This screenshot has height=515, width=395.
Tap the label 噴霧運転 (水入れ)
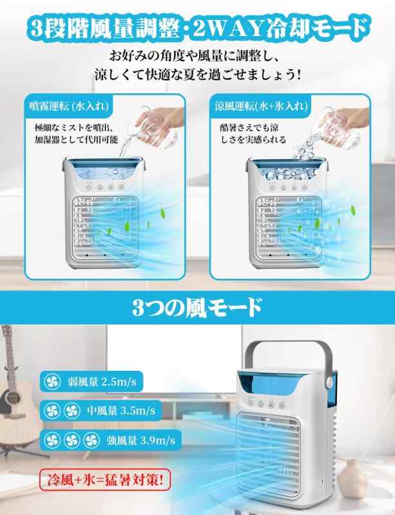[69, 106]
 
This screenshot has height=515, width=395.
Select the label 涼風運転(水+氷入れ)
[261, 106]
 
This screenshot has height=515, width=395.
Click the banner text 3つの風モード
[197, 308]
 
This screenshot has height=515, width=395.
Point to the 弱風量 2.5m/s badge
[92, 382]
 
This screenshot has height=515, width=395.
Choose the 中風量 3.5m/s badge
[101, 410]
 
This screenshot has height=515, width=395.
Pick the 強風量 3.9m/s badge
[111, 440]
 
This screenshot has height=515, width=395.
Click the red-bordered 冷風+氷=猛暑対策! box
[105, 480]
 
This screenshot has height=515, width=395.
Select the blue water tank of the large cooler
[286, 388]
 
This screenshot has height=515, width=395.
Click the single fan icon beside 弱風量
[52, 382]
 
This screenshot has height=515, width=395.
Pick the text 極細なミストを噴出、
[74, 127]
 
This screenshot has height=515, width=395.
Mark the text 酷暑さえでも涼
[249, 127]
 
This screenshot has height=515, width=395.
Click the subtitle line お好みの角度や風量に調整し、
[195, 56]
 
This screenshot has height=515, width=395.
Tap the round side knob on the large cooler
[329, 381]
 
